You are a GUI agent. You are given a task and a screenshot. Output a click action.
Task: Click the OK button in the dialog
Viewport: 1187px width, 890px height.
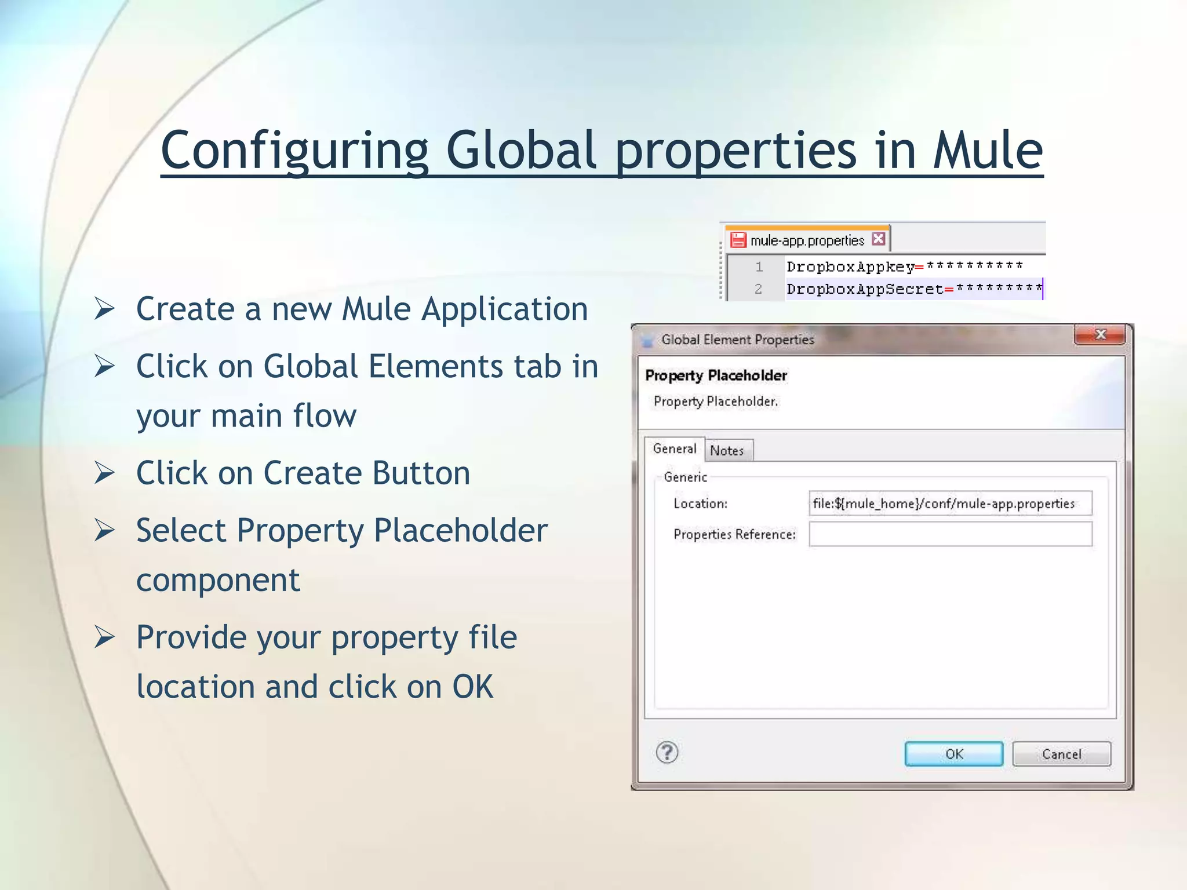(x=953, y=754)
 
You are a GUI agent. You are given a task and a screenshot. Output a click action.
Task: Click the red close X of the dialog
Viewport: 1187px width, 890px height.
(x=1099, y=335)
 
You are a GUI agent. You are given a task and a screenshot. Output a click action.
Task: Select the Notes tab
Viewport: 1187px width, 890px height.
(x=727, y=450)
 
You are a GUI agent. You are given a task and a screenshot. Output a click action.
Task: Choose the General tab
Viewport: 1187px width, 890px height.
(x=674, y=448)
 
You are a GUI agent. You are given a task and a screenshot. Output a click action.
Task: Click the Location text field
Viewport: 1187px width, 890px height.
(x=949, y=503)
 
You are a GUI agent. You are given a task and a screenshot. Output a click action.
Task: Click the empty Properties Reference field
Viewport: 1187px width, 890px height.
(x=949, y=534)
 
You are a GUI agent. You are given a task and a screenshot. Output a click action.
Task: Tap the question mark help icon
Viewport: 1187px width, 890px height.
(x=667, y=753)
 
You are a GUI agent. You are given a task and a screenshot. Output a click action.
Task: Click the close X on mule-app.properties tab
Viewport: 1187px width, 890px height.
(x=878, y=239)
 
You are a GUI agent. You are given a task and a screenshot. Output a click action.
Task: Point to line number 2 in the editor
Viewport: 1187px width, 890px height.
(x=758, y=289)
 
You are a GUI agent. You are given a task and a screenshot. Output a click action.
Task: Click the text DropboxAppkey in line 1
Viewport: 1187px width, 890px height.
(x=850, y=267)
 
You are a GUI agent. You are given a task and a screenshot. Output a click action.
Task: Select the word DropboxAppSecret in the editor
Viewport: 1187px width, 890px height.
(x=864, y=289)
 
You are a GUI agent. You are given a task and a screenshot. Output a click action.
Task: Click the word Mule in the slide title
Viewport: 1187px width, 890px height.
(x=987, y=150)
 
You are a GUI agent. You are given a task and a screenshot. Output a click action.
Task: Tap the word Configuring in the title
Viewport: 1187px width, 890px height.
(x=294, y=150)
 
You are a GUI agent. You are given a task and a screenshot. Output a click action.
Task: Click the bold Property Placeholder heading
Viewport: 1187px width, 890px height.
(x=716, y=375)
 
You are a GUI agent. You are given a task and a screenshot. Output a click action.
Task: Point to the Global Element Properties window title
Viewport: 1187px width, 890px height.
(x=737, y=340)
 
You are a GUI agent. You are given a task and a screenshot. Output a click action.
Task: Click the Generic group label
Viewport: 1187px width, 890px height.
(x=685, y=477)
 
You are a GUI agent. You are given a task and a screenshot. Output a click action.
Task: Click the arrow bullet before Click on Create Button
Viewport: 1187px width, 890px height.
(x=105, y=473)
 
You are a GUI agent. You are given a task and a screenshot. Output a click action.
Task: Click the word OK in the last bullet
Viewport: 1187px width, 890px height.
(x=472, y=687)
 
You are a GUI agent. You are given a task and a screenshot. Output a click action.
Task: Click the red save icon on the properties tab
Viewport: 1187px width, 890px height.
(x=738, y=240)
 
